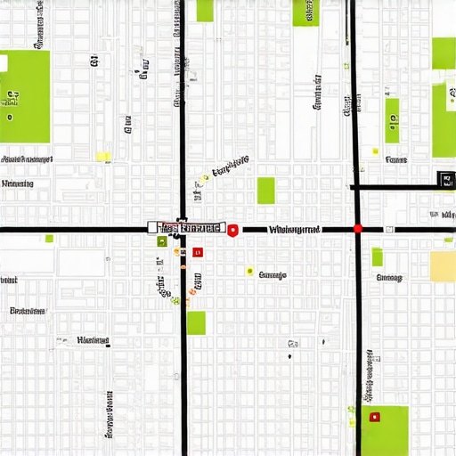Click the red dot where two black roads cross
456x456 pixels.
358,229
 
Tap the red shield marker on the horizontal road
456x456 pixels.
232,231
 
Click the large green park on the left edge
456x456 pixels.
24,96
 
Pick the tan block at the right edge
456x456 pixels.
443,265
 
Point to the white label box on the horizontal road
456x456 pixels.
188,228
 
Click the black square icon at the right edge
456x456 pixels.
444,179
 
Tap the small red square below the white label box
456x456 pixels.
198,252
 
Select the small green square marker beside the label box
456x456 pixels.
162,241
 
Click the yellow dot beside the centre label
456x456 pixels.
249,272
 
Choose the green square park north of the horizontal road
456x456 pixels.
265,191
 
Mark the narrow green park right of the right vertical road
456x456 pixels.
392,120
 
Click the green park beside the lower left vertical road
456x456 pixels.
196,322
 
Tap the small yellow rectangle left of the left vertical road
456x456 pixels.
103,157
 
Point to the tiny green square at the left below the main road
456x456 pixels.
49,239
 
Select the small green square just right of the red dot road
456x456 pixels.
377,256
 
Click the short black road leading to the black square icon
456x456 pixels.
396,187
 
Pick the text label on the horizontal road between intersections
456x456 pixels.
293,230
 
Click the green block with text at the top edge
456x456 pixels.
305,12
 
